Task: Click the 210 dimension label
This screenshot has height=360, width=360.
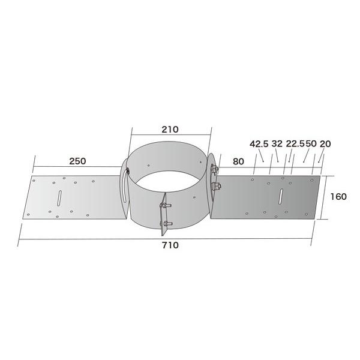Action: pos(170,130)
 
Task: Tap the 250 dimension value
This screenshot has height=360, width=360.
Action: pos(77,161)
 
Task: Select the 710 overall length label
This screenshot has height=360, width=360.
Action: pos(170,245)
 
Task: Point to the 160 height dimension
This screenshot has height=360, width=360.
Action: pos(338,197)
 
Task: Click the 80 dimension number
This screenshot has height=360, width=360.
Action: pos(238,161)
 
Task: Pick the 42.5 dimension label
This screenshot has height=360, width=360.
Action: pos(259,144)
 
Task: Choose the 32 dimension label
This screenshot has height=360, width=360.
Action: pos(277,144)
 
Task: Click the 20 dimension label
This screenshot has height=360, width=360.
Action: pos(325,144)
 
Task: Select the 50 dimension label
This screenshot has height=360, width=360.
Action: pos(311,144)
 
